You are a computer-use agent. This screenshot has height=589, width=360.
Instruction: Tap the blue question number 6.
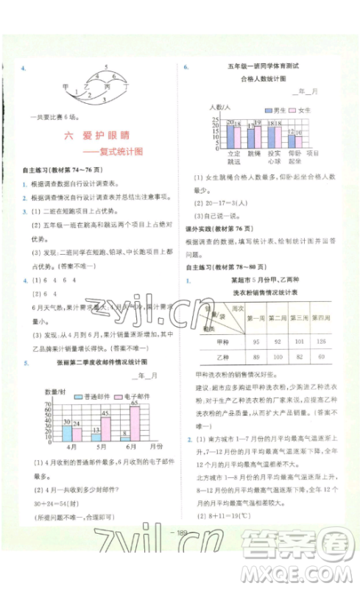point(186,67)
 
